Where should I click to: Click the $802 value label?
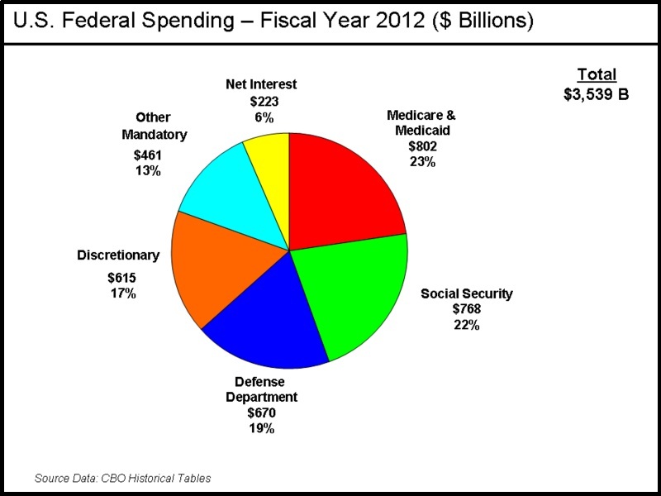[x=421, y=146]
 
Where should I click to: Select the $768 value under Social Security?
[x=467, y=309]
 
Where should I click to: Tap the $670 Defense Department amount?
[x=261, y=413]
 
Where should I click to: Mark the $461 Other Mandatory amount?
[x=149, y=155]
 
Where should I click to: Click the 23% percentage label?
[x=421, y=162]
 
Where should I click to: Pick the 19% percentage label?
[x=261, y=428]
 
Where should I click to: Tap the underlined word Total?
[x=597, y=75]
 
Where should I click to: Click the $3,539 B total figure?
[x=597, y=93]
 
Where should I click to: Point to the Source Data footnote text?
[x=122, y=478]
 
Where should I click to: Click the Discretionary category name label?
[x=118, y=255]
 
